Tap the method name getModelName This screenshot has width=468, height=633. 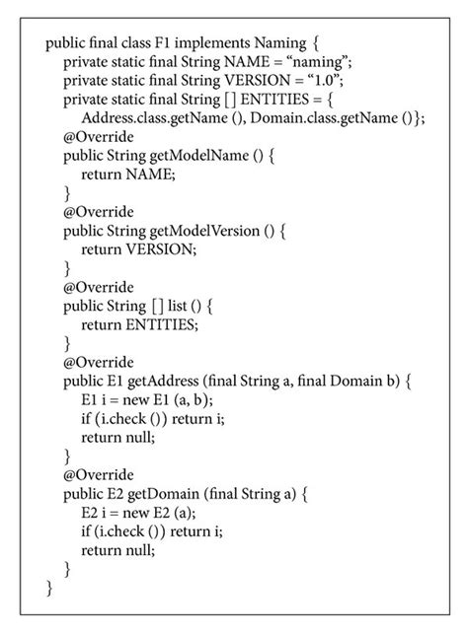[x=203, y=156]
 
